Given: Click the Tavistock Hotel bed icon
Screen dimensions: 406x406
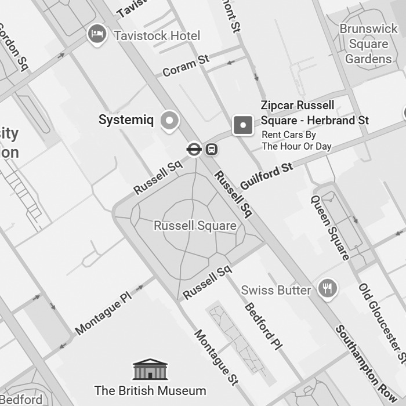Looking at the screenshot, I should [x=97, y=34].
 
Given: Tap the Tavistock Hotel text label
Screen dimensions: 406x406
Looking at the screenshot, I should [x=157, y=35].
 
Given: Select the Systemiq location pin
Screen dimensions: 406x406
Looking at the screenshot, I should [x=170, y=121].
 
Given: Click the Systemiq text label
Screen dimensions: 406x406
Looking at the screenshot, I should [x=126, y=120].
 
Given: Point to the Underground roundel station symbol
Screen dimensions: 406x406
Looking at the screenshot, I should [x=194, y=149].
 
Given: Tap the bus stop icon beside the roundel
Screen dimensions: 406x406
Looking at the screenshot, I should [x=212, y=149].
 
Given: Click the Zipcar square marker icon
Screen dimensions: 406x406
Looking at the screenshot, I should [x=243, y=125].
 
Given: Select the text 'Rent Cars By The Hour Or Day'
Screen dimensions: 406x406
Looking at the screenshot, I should [x=296, y=141].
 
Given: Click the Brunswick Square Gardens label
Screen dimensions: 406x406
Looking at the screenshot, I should [x=368, y=43].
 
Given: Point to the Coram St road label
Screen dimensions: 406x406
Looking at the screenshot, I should [x=186, y=66].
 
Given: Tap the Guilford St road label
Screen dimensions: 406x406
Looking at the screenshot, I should [x=267, y=176].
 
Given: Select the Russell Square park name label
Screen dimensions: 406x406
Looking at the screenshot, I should [x=195, y=226].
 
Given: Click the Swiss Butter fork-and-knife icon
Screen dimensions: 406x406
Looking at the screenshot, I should [x=328, y=289].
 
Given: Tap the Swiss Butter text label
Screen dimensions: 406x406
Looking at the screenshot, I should [x=276, y=290].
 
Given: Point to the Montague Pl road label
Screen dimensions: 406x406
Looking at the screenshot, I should [x=104, y=313].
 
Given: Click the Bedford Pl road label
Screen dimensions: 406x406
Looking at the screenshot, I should [x=263, y=326].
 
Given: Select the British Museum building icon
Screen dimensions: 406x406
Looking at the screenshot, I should [x=150, y=369].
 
